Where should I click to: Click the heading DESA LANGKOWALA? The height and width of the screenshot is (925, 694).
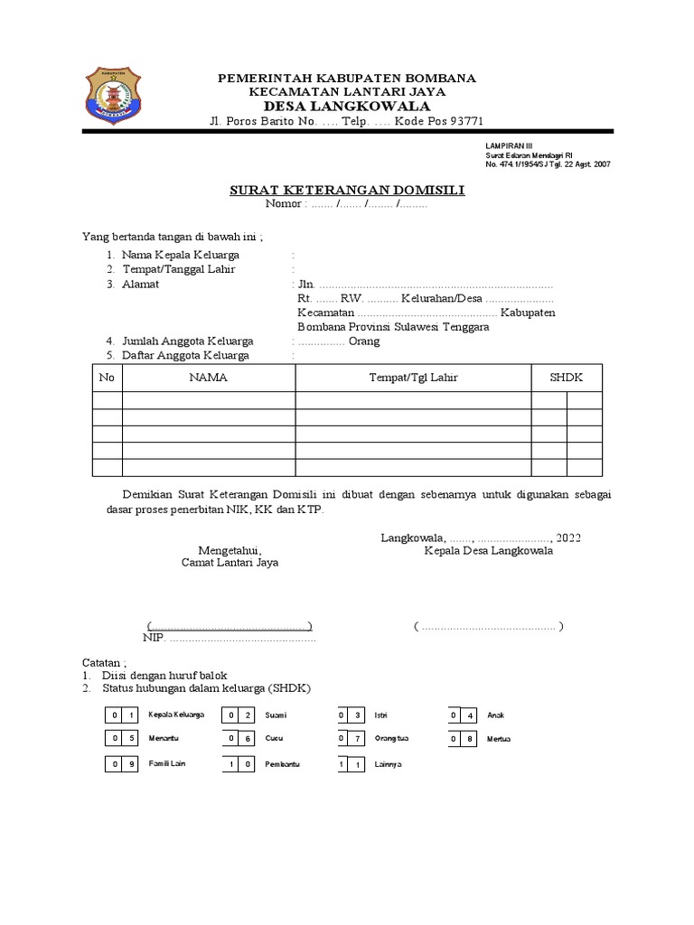[x=347, y=107]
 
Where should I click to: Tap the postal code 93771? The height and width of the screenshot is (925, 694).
[x=464, y=122]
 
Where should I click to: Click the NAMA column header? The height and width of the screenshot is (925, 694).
[x=208, y=378]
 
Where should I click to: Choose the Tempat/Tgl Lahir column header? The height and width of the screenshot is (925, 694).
[x=413, y=378]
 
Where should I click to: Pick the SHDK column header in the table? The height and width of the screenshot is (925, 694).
[x=566, y=378]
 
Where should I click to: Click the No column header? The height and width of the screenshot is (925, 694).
[x=107, y=378]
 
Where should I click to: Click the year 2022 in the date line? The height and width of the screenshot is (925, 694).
[x=568, y=537]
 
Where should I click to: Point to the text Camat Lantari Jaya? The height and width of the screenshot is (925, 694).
[x=230, y=562]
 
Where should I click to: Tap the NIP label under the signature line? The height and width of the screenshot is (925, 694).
[x=154, y=638]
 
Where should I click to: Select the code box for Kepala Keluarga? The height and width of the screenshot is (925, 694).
[x=123, y=715]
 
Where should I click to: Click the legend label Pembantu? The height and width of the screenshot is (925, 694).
[x=282, y=764]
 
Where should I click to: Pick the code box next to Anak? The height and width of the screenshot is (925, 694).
[x=462, y=715]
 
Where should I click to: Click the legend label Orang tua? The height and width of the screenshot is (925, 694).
[x=392, y=739]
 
